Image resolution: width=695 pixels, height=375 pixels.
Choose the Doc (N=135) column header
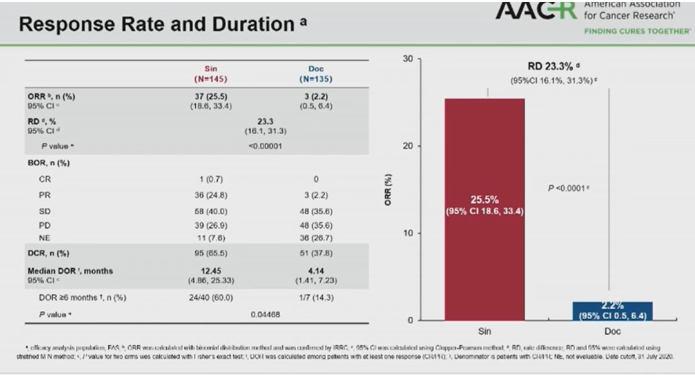[x=315, y=73]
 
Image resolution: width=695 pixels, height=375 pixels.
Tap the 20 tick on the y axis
[x=409, y=146]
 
